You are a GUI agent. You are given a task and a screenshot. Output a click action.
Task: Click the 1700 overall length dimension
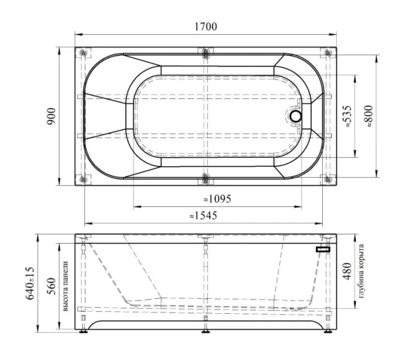coord(205,26)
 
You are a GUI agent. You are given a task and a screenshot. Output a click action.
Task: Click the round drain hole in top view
coord(296,116)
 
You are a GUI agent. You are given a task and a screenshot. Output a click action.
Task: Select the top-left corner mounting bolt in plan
coord(83,53)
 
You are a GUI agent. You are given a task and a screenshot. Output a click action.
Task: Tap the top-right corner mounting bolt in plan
coord(327,53)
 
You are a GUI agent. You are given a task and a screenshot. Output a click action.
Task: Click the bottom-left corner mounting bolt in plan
coord(83,179)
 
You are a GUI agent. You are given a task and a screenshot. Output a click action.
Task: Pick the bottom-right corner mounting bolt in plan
coord(327,179)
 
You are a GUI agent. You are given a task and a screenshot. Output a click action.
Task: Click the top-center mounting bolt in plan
coord(205,53)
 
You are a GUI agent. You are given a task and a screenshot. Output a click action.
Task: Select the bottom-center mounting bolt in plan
coord(205,178)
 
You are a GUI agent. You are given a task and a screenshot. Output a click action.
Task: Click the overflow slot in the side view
coord(323,248)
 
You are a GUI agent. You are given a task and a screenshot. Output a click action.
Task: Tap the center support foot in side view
coord(205,328)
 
